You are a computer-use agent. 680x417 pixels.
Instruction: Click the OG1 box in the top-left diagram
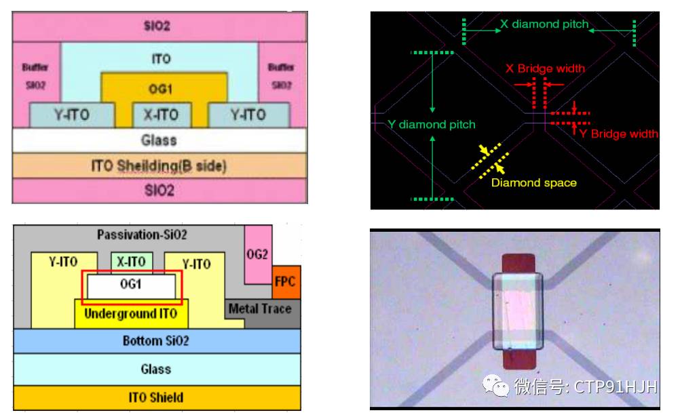(x=163, y=89)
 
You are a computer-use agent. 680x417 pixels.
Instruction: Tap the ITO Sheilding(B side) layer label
(x=159, y=165)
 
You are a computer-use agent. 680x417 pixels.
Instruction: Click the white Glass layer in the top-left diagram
(x=159, y=140)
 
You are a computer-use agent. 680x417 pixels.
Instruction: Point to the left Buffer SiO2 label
(x=35, y=76)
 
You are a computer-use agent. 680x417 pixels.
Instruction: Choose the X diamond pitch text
(x=544, y=24)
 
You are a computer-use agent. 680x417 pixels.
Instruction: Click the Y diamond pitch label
(x=432, y=125)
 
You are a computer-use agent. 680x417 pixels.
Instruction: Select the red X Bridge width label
(x=545, y=68)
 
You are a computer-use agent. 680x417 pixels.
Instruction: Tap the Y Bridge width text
(x=618, y=134)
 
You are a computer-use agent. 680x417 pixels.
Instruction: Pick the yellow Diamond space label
(x=533, y=182)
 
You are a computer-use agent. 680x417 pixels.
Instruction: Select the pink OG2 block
(x=259, y=254)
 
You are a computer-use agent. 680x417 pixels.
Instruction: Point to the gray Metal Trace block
(x=260, y=309)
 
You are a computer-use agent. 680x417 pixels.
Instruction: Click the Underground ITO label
(x=130, y=314)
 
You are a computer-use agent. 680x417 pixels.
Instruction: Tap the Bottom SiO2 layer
(x=156, y=340)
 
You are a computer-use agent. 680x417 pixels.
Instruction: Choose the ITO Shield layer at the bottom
(x=156, y=397)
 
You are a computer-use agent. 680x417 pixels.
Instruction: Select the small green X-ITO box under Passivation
(x=132, y=262)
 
